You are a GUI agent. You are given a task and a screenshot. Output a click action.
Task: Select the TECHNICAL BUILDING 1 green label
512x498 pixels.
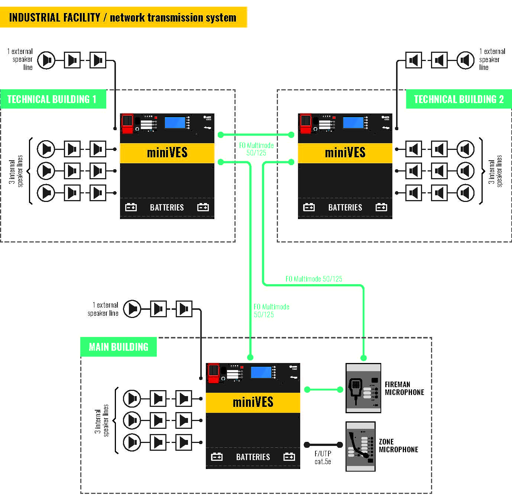[52, 99]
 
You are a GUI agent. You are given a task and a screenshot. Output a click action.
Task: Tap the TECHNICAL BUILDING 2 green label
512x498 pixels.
[458, 99]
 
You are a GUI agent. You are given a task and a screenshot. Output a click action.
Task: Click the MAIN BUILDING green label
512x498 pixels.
[118, 347]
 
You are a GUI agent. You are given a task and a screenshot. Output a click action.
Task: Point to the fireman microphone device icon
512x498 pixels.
[363, 388]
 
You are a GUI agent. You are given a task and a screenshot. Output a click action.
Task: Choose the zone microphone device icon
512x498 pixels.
[360, 446]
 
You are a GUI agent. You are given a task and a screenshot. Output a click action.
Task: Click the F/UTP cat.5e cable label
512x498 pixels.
[323, 457]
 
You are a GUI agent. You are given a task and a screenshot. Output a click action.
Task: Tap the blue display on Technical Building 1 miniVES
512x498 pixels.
[175, 123]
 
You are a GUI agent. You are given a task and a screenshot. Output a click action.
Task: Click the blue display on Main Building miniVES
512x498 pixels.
[261, 372]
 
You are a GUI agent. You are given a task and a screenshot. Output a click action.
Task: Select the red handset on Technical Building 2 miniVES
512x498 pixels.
[306, 123]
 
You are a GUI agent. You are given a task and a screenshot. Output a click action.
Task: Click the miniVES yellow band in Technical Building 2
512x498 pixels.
[345, 152]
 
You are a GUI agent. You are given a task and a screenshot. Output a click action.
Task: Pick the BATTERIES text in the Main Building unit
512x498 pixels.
[253, 457]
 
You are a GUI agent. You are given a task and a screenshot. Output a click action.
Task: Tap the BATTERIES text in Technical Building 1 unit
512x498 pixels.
[167, 207]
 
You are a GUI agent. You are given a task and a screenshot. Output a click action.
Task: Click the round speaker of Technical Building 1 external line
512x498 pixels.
[46, 60]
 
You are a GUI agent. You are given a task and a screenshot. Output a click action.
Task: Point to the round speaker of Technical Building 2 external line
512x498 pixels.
[465, 60]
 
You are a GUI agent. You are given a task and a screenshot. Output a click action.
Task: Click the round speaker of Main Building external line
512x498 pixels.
[132, 309]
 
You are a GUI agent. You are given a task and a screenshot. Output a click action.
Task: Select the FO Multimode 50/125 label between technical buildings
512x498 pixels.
[256, 149]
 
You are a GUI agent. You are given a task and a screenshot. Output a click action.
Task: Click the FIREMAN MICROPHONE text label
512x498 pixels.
[404, 388]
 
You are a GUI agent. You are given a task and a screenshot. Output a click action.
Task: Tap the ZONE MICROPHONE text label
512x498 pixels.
[398, 446]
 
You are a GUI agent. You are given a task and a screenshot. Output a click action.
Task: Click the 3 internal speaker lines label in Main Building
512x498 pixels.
[101, 420]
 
